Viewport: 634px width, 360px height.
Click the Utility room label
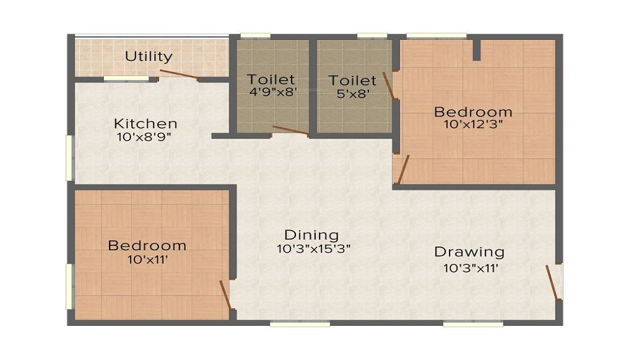click(x=148, y=56)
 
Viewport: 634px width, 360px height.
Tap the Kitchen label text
click(x=146, y=123)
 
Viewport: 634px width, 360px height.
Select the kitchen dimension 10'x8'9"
click(x=144, y=137)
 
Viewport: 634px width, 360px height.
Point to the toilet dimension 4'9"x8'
click(x=273, y=92)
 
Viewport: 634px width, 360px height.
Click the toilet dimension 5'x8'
click(x=353, y=94)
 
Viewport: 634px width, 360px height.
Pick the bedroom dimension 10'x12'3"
click(x=473, y=124)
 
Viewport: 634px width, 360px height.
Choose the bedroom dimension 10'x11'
click(x=148, y=259)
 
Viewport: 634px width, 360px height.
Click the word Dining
click(x=311, y=235)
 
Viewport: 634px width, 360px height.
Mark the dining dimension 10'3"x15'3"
click(x=313, y=248)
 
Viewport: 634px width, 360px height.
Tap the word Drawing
click(x=469, y=252)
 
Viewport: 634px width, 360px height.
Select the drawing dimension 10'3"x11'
click(x=470, y=268)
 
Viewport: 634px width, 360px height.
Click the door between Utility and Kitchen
click(x=179, y=74)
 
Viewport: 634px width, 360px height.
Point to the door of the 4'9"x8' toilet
click(x=291, y=130)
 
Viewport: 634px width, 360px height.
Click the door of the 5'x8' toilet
click(x=388, y=86)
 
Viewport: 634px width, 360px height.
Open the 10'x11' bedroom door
click(x=225, y=295)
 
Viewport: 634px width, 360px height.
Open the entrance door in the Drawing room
click(x=552, y=283)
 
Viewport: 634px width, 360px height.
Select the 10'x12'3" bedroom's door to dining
click(x=403, y=170)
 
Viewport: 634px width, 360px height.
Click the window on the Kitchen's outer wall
click(x=70, y=158)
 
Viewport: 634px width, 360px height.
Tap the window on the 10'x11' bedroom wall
click(x=70, y=286)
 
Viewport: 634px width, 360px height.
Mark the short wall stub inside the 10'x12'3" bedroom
click(x=477, y=50)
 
